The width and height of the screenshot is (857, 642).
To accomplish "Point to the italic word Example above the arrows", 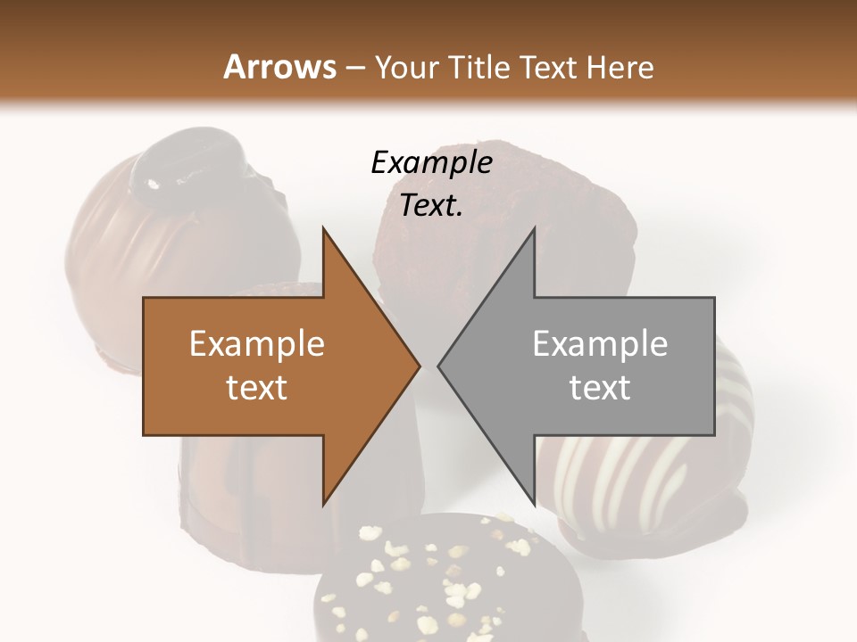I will (x=431, y=162).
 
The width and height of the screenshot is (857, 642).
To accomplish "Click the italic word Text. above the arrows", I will (x=431, y=206).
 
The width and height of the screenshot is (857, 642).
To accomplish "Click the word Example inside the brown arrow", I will (x=257, y=344).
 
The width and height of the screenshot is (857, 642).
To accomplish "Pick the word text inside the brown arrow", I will (x=257, y=387).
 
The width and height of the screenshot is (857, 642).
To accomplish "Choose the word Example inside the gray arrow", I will (x=600, y=344).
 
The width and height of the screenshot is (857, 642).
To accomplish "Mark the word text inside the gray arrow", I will (x=600, y=387).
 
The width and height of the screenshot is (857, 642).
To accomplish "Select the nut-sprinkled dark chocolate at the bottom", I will (x=428, y=580).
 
